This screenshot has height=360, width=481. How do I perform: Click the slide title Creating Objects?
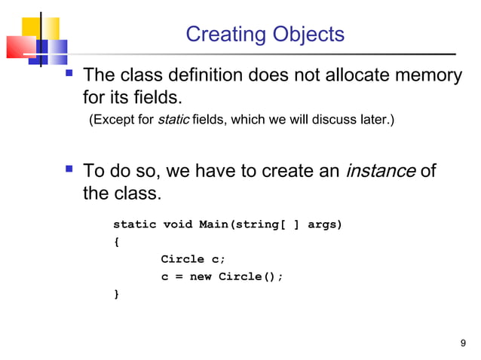tap(265, 35)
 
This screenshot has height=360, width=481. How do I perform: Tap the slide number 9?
tap(463, 344)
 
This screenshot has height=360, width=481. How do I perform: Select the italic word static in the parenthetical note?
tap(173, 121)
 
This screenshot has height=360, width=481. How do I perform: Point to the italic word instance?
tap(380, 171)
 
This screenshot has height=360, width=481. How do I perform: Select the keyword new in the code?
tap(200, 276)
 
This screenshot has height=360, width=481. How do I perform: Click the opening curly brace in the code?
tap(116, 242)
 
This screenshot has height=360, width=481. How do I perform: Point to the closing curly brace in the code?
tap(116, 294)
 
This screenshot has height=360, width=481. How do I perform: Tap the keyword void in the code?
tap(177, 224)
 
